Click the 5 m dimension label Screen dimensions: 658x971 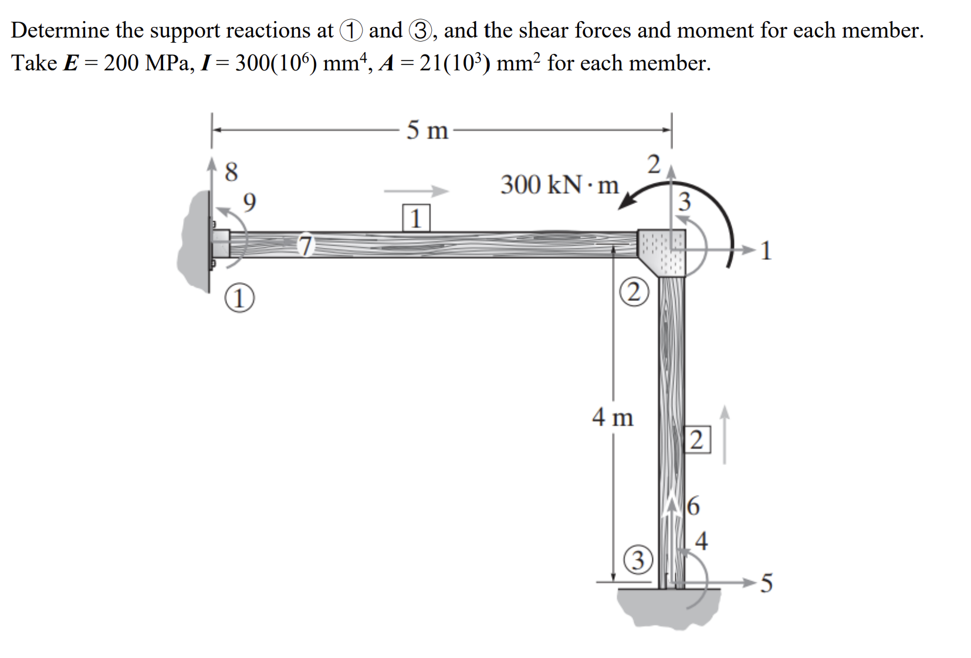coord(427,130)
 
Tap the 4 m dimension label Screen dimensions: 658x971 coord(613,418)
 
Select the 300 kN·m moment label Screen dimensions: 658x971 coord(559,185)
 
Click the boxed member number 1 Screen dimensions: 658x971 coord(416,218)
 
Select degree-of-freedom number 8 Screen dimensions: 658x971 coord(232,172)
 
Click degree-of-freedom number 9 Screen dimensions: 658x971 coord(249,202)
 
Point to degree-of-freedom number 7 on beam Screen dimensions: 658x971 coord(305,245)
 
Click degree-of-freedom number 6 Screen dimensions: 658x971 coord(693,506)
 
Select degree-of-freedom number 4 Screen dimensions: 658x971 coord(701,540)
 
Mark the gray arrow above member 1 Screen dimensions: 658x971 coord(416,191)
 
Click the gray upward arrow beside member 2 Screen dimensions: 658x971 coord(725,434)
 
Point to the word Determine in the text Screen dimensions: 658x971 coord(59,30)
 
